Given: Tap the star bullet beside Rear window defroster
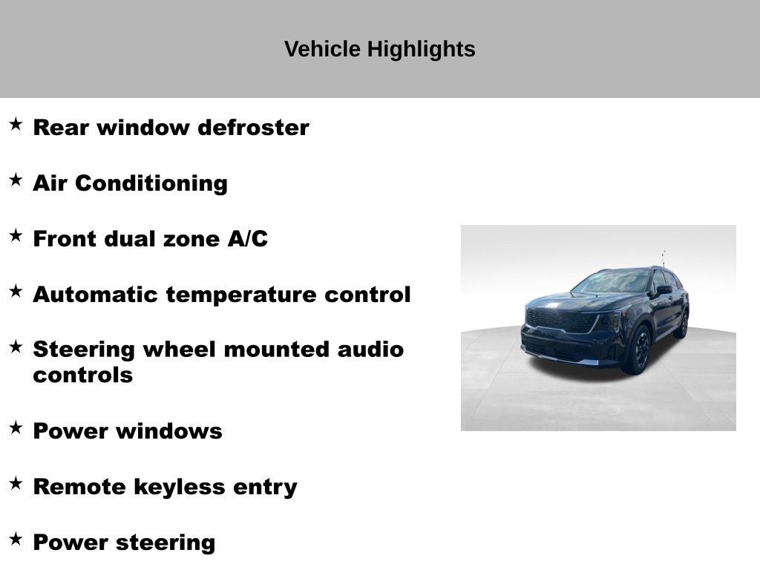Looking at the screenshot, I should [x=16, y=125].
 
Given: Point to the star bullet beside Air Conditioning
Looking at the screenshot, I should [x=16, y=180].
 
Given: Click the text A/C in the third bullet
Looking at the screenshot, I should [x=247, y=239].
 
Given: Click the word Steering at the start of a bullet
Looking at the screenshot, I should [x=84, y=350].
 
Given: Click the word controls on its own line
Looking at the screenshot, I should [x=82, y=375].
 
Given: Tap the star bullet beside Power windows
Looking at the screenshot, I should [x=16, y=428].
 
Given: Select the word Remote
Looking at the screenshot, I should [x=81, y=487].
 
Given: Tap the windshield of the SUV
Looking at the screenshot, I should [x=614, y=283].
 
